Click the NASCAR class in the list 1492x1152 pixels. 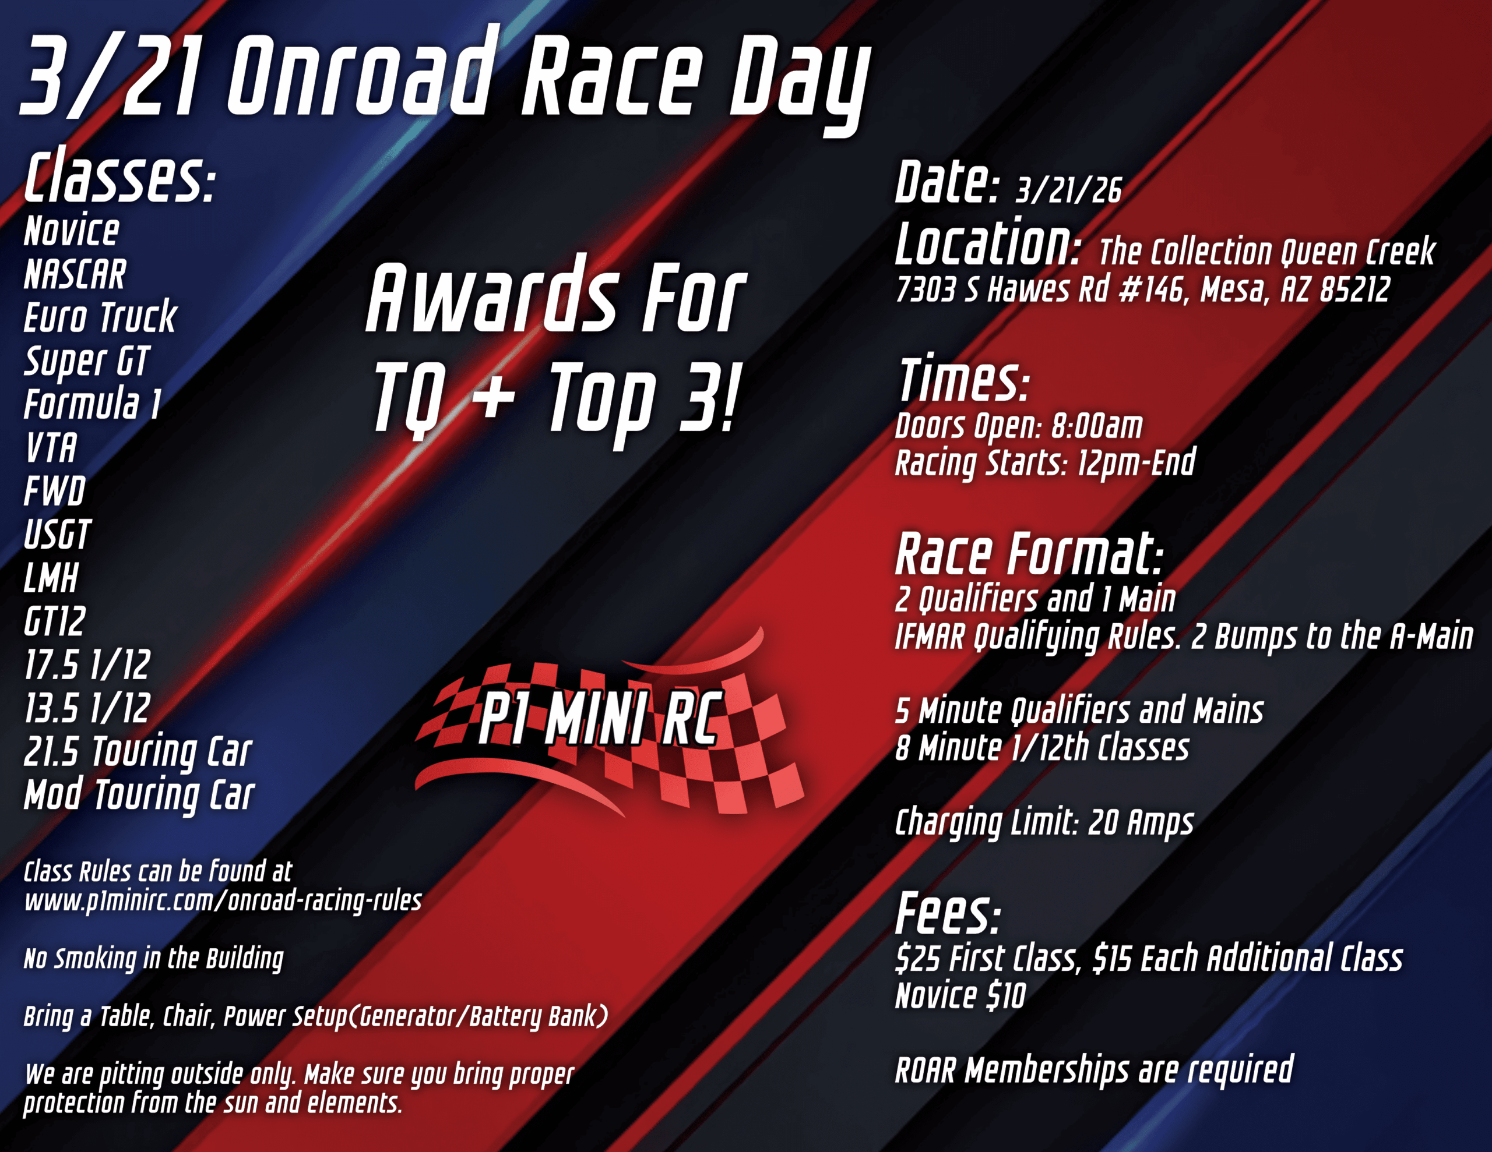click(x=75, y=274)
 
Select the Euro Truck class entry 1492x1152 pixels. click(x=100, y=317)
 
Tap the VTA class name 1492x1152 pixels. click(x=51, y=448)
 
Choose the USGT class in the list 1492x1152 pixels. click(x=57, y=535)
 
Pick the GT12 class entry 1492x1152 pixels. click(x=55, y=622)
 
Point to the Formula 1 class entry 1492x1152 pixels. click(x=92, y=404)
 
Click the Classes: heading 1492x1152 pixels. click(x=120, y=178)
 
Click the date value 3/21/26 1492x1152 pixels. click(x=1068, y=190)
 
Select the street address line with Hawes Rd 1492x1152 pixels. click(x=1142, y=289)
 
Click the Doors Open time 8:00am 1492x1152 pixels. click(x=1096, y=426)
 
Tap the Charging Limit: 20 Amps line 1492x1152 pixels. click(x=1044, y=823)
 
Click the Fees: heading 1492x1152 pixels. click(x=948, y=914)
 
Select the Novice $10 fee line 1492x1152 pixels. click(x=960, y=995)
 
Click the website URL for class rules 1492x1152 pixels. click(x=223, y=902)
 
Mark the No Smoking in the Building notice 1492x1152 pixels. click(x=154, y=959)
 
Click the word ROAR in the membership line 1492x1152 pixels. click(x=925, y=1070)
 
